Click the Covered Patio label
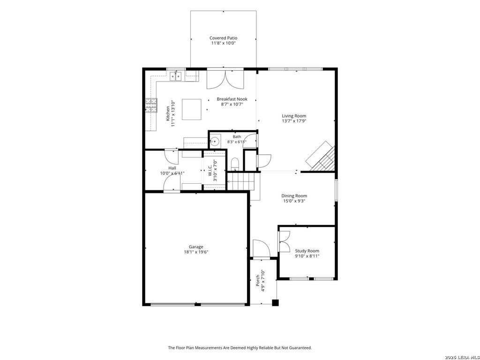[223, 38]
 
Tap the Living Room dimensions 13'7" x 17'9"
[294, 121]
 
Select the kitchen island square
[192, 109]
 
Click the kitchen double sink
[176, 75]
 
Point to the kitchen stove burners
[151, 105]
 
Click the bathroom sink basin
[215, 142]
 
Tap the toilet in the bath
[235, 163]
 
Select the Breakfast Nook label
[232, 99]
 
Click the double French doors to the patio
[225, 80]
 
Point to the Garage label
[196, 247]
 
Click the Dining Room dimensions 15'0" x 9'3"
[294, 201]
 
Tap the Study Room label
[307, 251]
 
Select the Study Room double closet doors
[284, 241]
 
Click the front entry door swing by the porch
[261, 248]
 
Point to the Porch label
[258, 281]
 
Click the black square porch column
[276, 302]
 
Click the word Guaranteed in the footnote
[300, 347]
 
